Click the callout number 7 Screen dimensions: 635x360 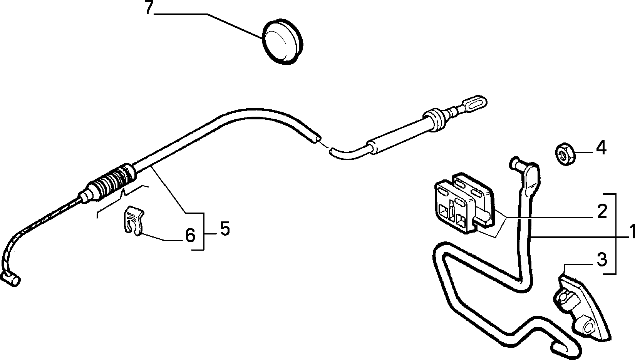pyautogui.click(x=149, y=8)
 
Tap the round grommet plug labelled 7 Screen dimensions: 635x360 pyautogui.click(x=282, y=42)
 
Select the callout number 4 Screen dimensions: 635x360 pyautogui.click(x=601, y=148)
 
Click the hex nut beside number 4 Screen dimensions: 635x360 pyautogui.click(x=565, y=154)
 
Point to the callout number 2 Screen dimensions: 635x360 pyautogui.click(x=601, y=211)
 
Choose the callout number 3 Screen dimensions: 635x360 pyautogui.click(x=601, y=260)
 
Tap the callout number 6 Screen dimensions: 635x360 pyautogui.click(x=190, y=235)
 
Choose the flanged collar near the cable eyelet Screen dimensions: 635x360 pyautogui.click(x=435, y=121)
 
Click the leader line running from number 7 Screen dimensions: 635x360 pyautogui.click(x=208, y=25)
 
